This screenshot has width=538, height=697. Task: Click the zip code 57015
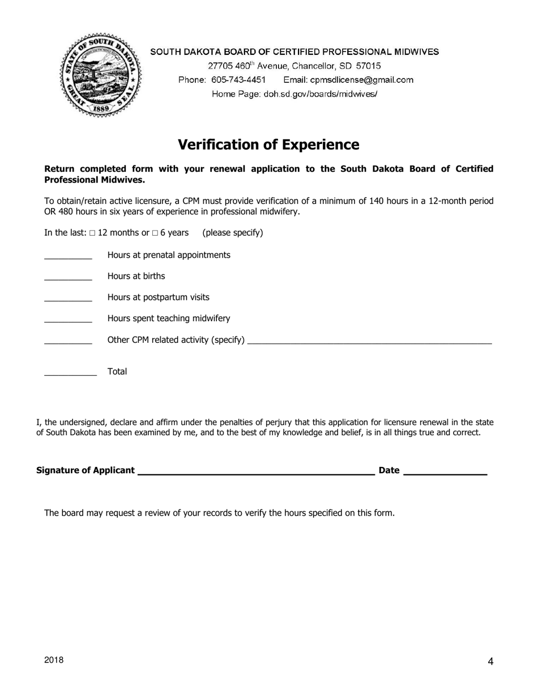click(x=368, y=66)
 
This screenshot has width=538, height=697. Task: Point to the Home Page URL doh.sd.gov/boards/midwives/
click(x=321, y=94)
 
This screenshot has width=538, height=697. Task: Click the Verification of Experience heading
click(x=268, y=144)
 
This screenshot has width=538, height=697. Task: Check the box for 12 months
click(x=92, y=233)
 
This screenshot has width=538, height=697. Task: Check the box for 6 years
click(x=155, y=233)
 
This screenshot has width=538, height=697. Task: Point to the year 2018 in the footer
click(x=54, y=660)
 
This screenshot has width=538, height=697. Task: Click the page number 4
click(x=490, y=661)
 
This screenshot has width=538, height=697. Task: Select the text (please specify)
click(x=233, y=233)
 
